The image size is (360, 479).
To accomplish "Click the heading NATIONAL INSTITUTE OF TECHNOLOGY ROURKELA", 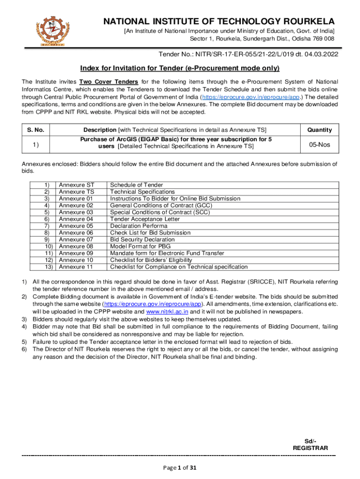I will point(219,22).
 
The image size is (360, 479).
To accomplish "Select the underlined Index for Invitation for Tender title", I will point(180,68).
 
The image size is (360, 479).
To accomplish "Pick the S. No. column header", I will point(36,130).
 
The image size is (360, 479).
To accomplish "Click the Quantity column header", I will point(319,130).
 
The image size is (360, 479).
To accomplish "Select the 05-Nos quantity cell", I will point(319,145).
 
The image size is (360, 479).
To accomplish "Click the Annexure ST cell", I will point(77,185).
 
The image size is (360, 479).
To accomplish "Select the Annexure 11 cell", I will point(77,267).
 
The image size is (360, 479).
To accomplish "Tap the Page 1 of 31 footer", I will point(180,467).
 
